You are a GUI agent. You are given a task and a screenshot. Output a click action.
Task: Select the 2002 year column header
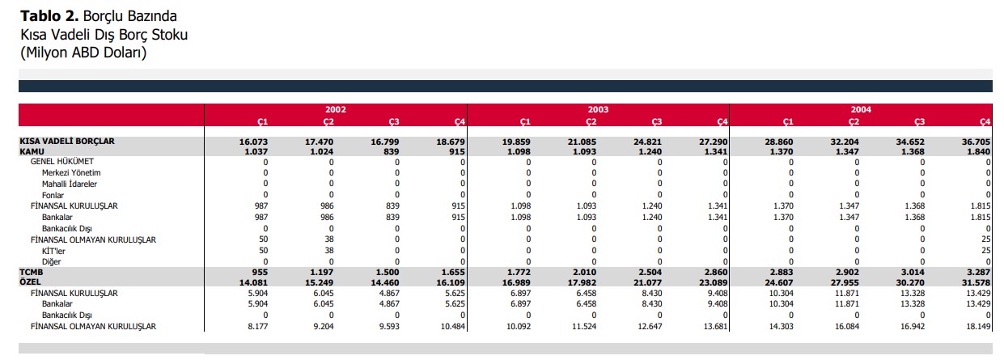[x=336, y=109]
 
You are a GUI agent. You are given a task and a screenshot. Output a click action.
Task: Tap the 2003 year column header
[x=599, y=109]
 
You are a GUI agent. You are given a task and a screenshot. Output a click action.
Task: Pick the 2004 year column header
[x=861, y=109]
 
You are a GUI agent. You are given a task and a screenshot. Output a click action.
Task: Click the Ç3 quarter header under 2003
[x=657, y=122]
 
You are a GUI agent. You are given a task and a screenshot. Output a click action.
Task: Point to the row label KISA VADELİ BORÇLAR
[x=67, y=142]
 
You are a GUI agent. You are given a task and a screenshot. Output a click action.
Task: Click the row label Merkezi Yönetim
[x=71, y=173]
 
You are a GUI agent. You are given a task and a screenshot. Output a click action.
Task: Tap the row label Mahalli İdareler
[x=70, y=184]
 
